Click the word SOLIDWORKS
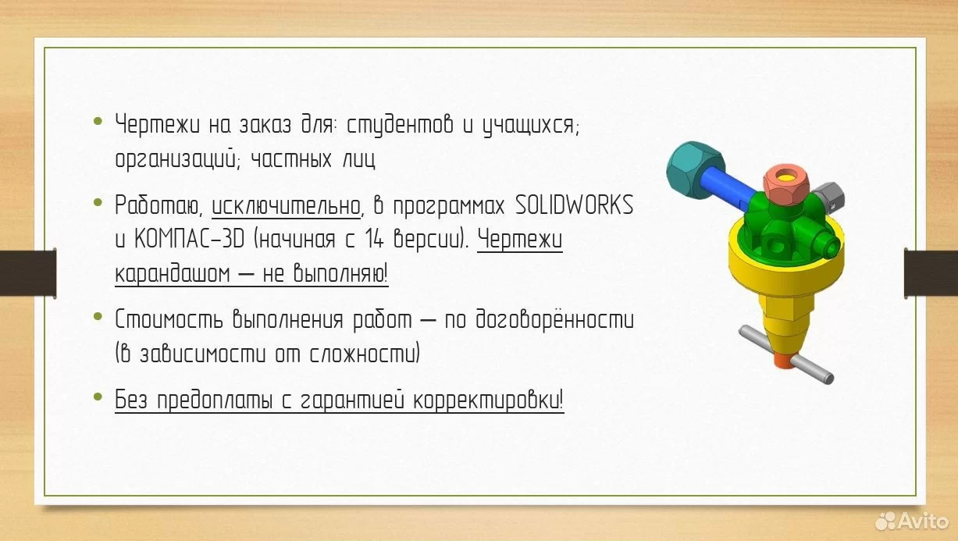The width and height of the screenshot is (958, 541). (x=574, y=205)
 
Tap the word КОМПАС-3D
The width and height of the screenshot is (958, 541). (x=189, y=239)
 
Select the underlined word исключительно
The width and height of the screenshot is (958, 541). (x=286, y=206)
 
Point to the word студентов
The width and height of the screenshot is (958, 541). (x=400, y=126)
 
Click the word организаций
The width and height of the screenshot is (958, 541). (x=176, y=158)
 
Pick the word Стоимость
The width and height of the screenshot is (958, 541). (x=169, y=320)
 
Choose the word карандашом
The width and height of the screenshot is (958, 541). (x=173, y=274)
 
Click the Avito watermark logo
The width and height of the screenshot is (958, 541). (x=912, y=521)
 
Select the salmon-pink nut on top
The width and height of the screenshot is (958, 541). (x=786, y=184)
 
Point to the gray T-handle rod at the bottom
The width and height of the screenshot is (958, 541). (x=786, y=354)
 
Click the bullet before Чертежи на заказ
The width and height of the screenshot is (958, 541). (x=98, y=121)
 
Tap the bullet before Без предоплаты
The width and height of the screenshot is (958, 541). (x=98, y=397)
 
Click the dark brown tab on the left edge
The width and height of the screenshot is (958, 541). (x=28, y=273)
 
